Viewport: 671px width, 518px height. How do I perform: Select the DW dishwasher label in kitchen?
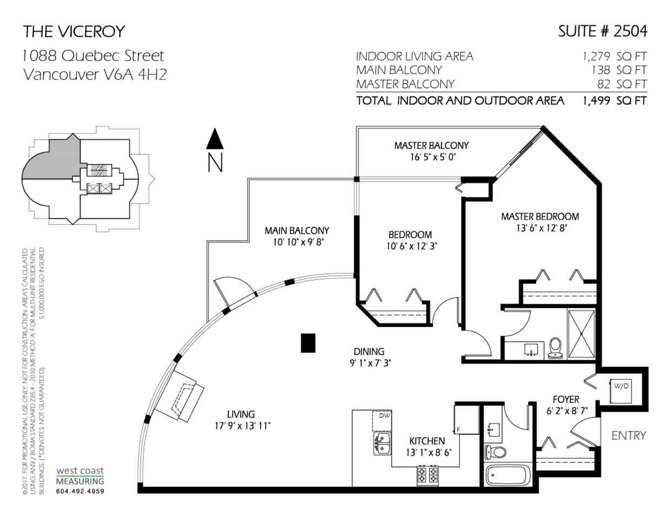[x=385, y=415]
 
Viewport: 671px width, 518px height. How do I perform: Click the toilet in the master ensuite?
[x=555, y=348]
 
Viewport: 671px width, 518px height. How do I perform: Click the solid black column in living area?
[x=308, y=343]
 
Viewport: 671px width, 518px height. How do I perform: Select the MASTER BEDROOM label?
[x=540, y=216]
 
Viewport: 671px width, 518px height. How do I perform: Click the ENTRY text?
[x=629, y=435]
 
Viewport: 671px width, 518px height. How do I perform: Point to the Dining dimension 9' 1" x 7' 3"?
[x=370, y=363]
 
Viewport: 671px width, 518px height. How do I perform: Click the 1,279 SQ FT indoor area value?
[x=614, y=57]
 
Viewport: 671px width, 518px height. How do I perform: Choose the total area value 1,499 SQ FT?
[x=614, y=101]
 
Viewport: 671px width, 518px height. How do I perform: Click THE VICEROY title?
[x=73, y=31]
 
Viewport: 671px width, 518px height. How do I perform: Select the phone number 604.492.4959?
[x=80, y=491]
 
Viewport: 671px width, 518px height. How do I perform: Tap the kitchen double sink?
[x=383, y=443]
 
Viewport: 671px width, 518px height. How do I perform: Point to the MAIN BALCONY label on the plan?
[x=297, y=230]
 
